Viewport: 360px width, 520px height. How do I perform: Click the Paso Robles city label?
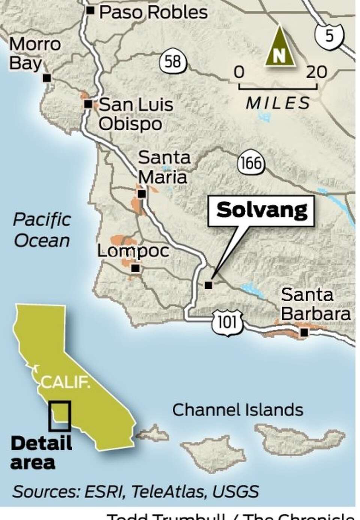coord(153,12)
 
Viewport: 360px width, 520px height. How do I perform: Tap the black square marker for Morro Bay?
coord(47,78)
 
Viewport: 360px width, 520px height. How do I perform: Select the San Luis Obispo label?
coord(135,114)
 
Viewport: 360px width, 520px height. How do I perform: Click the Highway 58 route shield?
coord(173,61)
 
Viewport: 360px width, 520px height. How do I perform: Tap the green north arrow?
coord(280,47)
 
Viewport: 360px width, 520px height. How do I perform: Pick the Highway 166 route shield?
coord(251,163)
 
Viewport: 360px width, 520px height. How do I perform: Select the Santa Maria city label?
coord(163,167)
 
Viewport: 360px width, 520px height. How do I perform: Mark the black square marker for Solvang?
coord(208,285)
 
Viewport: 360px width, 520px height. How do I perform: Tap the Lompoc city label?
coord(133,251)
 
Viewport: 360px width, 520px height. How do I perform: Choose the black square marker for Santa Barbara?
coord(304,332)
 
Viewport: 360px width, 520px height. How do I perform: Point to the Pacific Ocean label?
coord(42,230)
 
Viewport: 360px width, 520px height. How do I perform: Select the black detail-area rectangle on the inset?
coord(60,416)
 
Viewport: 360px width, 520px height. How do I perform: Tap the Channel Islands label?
coord(238,410)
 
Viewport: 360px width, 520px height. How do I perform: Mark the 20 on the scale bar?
coord(316,72)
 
